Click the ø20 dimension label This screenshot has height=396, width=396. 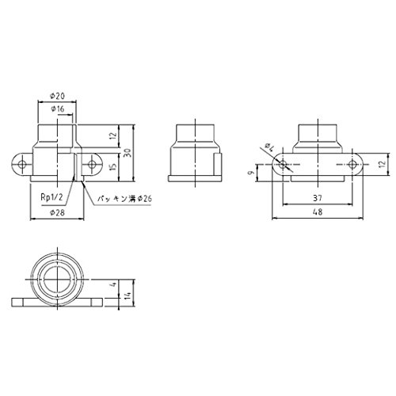pyautogui.click(x=57, y=96)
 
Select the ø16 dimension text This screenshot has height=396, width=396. pyautogui.click(x=57, y=109)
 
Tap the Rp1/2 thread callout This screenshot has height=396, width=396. pyautogui.click(x=52, y=197)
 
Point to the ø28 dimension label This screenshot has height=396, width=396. pyautogui.click(x=57, y=212)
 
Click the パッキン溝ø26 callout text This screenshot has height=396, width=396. pyautogui.click(x=124, y=198)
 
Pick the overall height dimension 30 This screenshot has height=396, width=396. pyautogui.click(x=128, y=153)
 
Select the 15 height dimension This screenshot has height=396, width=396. pyautogui.click(x=113, y=167)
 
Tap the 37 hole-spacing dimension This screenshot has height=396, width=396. pyautogui.click(x=318, y=198)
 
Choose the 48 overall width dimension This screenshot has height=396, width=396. pyautogui.click(x=318, y=211)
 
